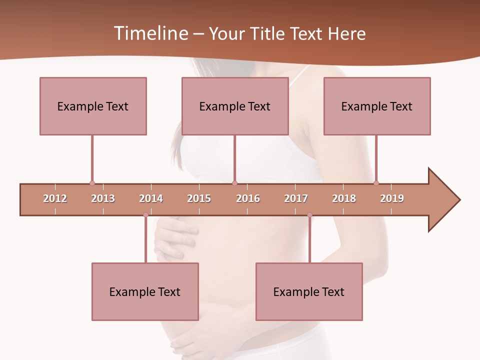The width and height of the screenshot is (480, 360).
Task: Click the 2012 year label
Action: [x=55, y=198]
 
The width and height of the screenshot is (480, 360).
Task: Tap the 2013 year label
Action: [x=103, y=198]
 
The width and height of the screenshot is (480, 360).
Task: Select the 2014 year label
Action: [x=151, y=198]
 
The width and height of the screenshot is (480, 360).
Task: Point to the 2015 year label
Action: [x=199, y=198]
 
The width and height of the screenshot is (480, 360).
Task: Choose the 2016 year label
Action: [x=248, y=198]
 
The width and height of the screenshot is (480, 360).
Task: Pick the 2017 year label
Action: [x=296, y=198]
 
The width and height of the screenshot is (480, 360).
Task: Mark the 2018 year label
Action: [x=344, y=198]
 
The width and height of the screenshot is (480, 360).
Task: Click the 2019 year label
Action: [x=392, y=198]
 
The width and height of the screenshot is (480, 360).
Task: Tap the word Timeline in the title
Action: [x=150, y=33]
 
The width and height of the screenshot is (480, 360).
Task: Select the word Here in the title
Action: [x=346, y=33]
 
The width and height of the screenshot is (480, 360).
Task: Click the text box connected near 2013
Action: [x=93, y=106]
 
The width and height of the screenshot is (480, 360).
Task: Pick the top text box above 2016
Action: [x=235, y=106]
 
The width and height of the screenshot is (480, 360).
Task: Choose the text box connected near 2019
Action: [x=377, y=106]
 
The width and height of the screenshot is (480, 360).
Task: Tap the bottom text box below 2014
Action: [x=145, y=291]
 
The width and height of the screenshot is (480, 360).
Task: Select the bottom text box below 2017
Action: [x=309, y=291]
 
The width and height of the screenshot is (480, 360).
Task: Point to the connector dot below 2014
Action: [x=145, y=215]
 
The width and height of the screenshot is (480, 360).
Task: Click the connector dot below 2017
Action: [x=309, y=215]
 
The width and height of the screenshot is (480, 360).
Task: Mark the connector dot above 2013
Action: [x=92, y=183]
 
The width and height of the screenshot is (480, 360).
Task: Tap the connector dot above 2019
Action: [x=376, y=183]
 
